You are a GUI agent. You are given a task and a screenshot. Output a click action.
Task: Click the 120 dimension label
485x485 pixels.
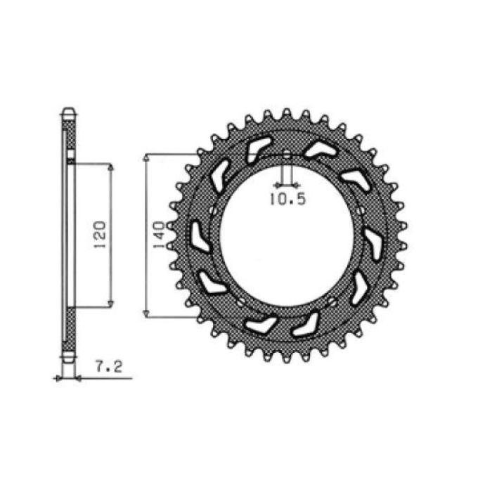click(100, 235)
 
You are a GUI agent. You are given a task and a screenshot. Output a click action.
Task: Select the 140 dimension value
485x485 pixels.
click(160, 235)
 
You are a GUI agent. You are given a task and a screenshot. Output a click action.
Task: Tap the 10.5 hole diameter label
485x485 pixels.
click(287, 199)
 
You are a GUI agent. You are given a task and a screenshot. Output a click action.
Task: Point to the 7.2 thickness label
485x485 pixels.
click(109, 367)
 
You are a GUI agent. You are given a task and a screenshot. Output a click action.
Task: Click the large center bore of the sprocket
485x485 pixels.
click(287, 237)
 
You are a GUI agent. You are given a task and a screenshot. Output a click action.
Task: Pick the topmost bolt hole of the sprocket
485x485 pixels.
click(287, 155)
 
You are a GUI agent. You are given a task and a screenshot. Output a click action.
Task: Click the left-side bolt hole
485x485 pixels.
click(213, 211)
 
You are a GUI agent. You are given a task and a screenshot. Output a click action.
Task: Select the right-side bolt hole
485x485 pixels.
click(360, 211)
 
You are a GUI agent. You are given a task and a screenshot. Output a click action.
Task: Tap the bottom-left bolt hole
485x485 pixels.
click(241, 302)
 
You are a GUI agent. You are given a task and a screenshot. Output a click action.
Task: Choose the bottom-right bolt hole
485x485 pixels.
click(332, 301)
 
